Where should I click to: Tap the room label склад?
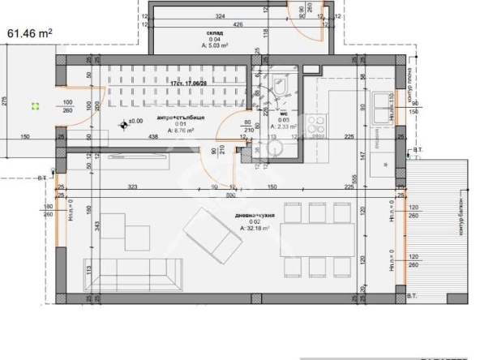[192, 32]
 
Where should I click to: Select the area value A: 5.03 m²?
[192, 45]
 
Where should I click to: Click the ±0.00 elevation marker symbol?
[124, 123]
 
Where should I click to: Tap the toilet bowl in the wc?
[281, 85]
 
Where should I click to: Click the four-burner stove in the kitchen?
[316, 125]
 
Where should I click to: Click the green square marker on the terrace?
[35, 105]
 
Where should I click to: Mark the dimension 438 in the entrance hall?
[152, 137]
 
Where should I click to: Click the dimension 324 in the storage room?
[220, 15]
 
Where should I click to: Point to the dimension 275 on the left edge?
[4, 101]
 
